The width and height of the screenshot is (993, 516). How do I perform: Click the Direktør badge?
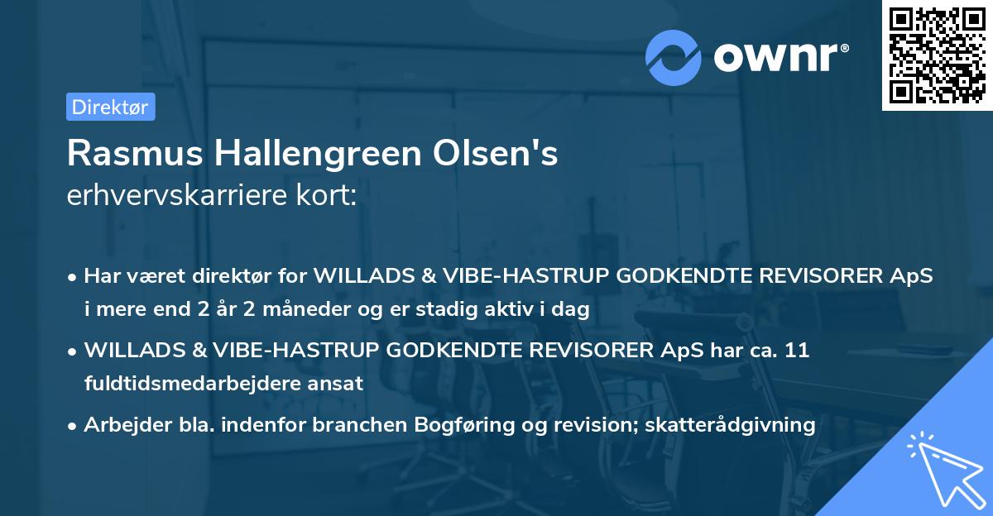pos(110,107)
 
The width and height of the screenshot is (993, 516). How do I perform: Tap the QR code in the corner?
pos(937,55)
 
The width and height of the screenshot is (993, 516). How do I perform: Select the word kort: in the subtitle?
pos(329,195)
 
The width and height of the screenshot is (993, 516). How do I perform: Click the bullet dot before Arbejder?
pos(74,426)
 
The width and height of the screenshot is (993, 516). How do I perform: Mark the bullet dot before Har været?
pos(74,277)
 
